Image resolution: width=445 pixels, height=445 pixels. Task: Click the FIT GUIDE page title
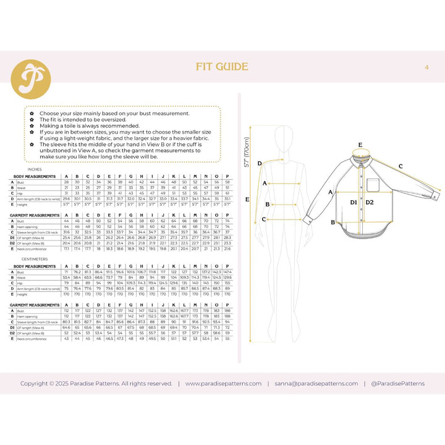[x=222, y=67]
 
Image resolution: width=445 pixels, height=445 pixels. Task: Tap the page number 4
[x=426, y=67]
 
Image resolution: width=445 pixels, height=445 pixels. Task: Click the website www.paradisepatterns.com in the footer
[x=223, y=383]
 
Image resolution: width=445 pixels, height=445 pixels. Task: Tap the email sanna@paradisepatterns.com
[x=316, y=383]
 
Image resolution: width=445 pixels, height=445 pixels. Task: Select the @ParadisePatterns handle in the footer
[x=398, y=383]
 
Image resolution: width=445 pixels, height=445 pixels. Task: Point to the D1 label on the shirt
[x=354, y=202]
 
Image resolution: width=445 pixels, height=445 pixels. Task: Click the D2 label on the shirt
[x=370, y=202]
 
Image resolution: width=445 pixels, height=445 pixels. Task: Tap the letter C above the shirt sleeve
[x=400, y=166]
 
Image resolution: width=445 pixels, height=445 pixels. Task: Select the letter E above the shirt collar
[x=360, y=145]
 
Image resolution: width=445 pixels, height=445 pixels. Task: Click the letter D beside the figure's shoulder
[x=260, y=163]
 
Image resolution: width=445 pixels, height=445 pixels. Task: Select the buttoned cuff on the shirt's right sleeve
[x=435, y=197]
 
